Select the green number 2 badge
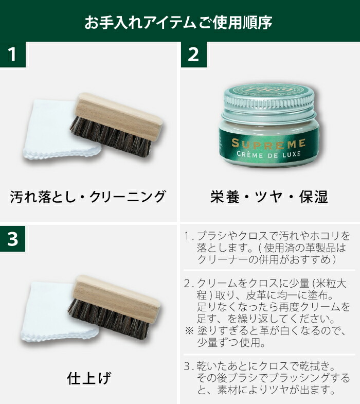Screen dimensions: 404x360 (193, 55)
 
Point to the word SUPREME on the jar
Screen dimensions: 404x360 (268, 143)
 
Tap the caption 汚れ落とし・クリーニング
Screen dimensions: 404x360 (88, 197)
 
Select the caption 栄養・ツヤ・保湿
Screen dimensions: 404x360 (269, 197)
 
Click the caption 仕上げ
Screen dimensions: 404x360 (89, 379)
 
